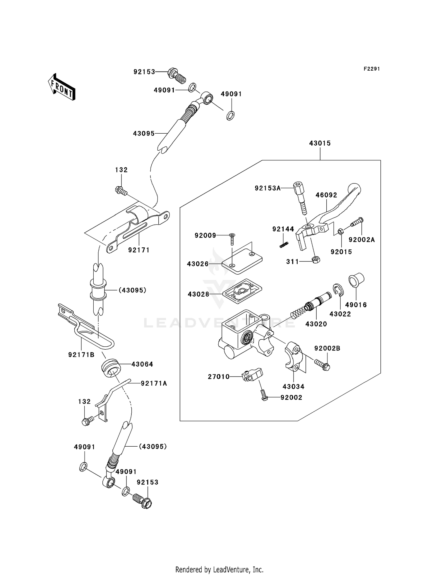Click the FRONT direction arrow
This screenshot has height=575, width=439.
click(61, 87)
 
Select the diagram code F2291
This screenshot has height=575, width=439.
click(371, 69)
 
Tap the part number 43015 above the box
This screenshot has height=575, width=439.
click(320, 143)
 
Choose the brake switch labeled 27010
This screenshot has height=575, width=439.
click(252, 375)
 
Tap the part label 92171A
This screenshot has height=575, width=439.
click(154, 383)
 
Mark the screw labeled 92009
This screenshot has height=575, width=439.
click(232, 239)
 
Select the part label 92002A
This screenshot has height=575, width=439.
click(361, 240)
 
